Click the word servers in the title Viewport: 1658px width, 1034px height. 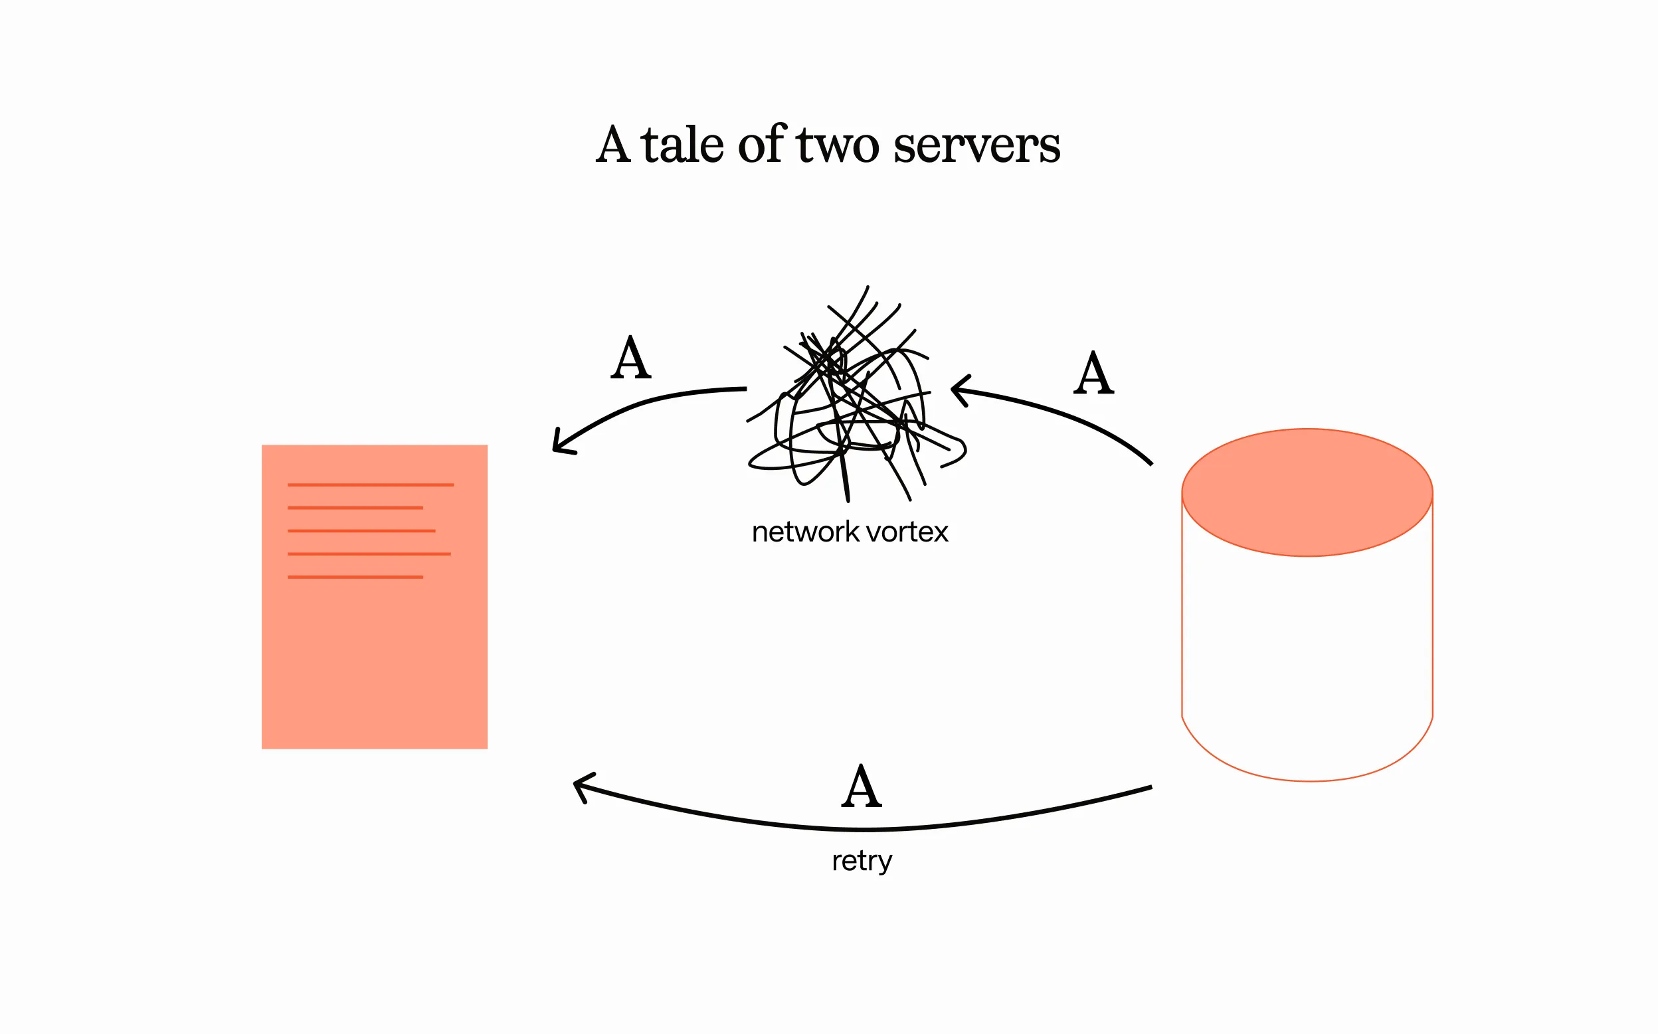pyautogui.click(x=976, y=147)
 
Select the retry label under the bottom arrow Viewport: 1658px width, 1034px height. pyautogui.click(x=862, y=861)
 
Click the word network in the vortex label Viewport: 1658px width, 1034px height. pyautogui.click(x=804, y=532)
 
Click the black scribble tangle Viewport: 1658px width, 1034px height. pyautogui.click(x=852, y=404)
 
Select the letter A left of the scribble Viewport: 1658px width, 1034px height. pyautogui.click(x=630, y=358)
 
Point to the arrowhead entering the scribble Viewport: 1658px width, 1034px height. pyautogui.click(x=957, y=390)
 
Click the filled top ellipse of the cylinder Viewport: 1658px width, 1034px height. pyautogui.click(x=1307, y=492)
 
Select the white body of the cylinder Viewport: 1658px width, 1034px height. pyautogui.click(x=1307, y=656)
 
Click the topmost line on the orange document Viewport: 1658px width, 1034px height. pyautogui.click(x=370, y=485)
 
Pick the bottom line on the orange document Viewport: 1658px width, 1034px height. pyautogui.click(x=355, y=577)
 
